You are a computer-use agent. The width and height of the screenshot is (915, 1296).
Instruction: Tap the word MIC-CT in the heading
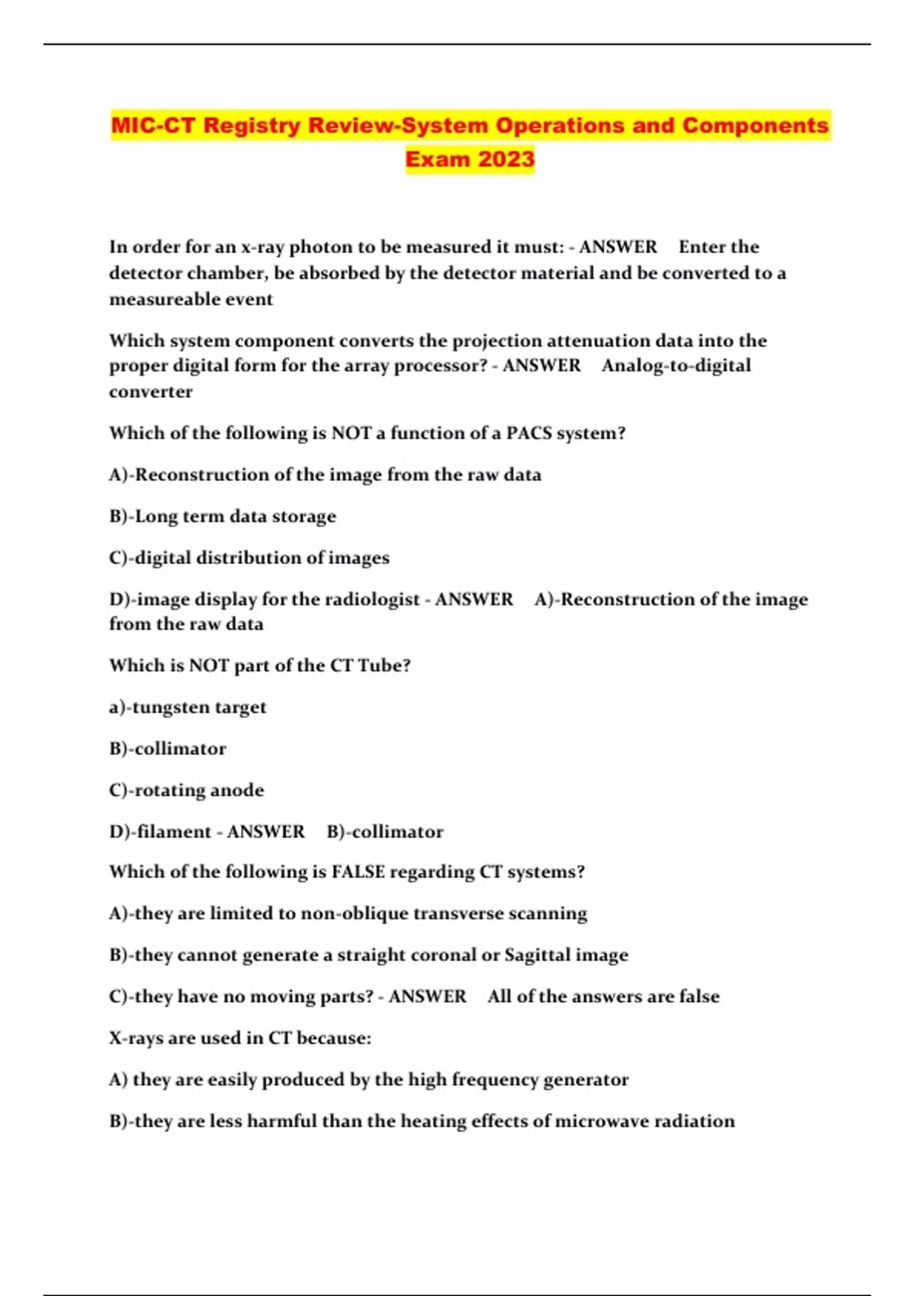coord(153,126)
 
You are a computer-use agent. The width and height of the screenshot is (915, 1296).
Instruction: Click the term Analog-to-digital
coord(676,366)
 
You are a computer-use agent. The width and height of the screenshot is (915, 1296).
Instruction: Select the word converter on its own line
coord(150,392)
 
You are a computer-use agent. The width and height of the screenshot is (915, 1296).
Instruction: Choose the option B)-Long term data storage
coord(222,516)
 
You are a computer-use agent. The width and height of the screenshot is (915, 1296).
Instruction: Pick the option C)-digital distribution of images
coord(249,558)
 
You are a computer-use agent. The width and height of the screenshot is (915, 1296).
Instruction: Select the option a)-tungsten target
coord(188,707)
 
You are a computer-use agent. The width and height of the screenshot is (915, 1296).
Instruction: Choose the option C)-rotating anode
coord(186,791)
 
